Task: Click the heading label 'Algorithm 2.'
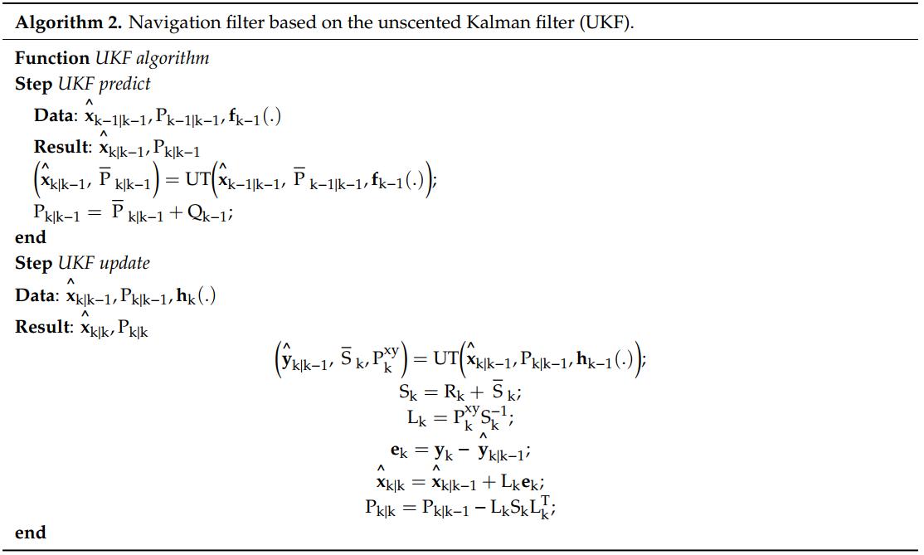68,22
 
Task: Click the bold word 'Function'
52,58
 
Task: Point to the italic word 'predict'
124,84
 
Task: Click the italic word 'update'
124,263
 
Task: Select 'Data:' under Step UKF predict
56,114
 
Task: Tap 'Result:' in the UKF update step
44,326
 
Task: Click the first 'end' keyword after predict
31,236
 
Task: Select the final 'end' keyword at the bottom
31,532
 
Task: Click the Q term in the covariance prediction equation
207,213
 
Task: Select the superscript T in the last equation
545,501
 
